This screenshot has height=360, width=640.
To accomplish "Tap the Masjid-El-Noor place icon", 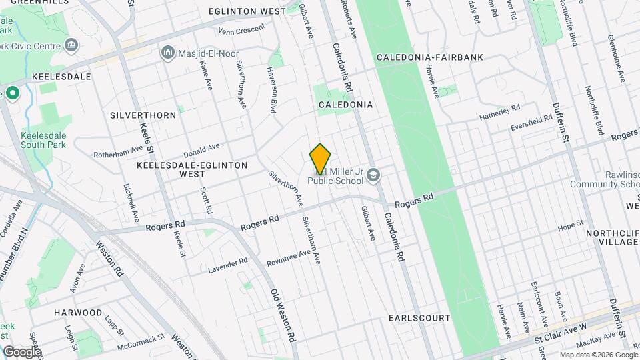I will coord(167,52).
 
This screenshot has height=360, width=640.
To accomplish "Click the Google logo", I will coord(22,351).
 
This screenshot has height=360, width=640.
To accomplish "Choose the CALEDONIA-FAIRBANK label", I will coord(429,58).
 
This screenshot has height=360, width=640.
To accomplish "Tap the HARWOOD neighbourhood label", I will coord(78,313).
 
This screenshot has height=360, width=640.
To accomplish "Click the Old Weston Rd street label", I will coord(284,315).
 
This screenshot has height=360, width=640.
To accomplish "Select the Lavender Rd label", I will coord(227,265).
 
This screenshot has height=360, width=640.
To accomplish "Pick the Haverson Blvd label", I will coord(272,89).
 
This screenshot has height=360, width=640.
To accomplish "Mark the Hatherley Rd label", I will coord(499,113).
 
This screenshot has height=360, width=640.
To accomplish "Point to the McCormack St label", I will coord(141,341).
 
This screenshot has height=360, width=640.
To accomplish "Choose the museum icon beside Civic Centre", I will coord(72,46).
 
